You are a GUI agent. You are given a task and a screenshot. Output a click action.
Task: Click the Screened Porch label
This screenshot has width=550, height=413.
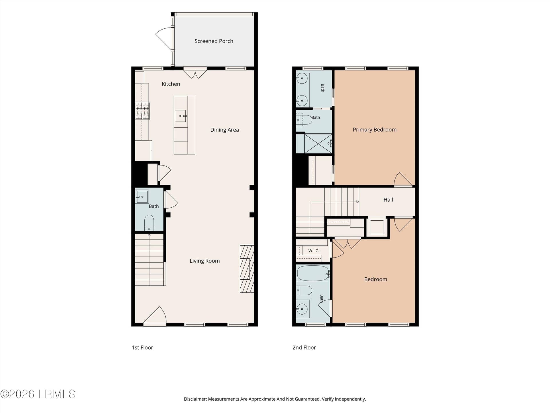coord(214,41)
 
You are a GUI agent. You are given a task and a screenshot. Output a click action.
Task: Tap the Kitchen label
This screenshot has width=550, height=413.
coord(171,84)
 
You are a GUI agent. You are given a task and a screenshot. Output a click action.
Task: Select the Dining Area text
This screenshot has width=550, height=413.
coord(224,130)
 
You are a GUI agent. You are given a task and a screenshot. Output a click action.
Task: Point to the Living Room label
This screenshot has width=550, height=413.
coord(205,261)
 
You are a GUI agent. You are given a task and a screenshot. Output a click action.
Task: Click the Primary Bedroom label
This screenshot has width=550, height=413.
coord(374,130)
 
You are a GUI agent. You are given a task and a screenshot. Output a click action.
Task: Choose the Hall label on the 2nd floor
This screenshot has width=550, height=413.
coord(388,200)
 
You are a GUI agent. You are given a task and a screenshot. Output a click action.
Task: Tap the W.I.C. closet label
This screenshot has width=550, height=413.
coord(314,251)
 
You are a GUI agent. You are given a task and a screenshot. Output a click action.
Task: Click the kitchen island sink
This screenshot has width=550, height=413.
coord(180,116)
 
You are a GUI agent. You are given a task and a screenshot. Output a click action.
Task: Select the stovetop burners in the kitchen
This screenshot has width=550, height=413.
coord(142,110)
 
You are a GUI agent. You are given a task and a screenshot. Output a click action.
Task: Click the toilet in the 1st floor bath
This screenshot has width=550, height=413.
coord(149,223)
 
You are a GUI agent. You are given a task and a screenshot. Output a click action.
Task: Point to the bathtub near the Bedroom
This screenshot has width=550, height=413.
coord(313,273)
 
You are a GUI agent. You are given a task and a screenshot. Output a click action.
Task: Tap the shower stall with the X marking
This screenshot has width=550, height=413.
coord(318,143)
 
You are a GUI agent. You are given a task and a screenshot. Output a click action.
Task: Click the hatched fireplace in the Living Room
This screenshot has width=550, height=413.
coord(247,269)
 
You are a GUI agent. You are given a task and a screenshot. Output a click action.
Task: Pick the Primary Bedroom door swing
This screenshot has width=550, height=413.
coord(403,179)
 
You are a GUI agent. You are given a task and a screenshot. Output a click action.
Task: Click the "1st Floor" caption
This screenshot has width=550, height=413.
coord(142,348)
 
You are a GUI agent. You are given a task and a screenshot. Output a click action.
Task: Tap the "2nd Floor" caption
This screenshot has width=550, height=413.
coord(304,348)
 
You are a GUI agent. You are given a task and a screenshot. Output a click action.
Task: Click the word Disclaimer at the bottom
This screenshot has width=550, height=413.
coord(195,399)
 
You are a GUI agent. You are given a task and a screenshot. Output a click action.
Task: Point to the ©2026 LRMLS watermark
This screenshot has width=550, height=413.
coord(38,394)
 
